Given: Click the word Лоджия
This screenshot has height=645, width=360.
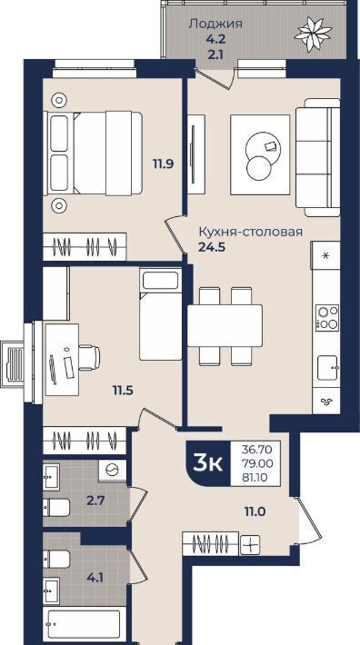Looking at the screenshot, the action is click(215, 24).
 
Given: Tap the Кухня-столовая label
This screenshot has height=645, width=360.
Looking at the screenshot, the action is click(251, 232).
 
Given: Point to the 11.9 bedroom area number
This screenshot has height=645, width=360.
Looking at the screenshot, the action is click(164, 164).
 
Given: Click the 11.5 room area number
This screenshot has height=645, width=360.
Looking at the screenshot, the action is click(123, 389).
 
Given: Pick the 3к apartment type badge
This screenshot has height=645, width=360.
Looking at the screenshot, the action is click(208, 463).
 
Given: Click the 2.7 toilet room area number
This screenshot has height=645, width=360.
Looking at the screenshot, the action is click(95, 501).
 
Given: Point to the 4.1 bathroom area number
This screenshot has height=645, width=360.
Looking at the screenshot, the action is click(95, 578).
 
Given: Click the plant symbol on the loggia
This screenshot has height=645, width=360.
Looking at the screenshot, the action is click(313, 34).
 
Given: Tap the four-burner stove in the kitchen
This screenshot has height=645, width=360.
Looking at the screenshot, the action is click(327, 318).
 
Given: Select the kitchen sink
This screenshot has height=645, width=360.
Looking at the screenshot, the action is click(328, 368).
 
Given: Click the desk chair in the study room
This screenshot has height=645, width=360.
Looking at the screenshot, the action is click(89, 357).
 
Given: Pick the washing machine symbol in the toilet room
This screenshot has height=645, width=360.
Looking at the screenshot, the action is click(112, 471).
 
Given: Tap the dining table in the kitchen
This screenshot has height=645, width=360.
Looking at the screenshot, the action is click(225, 325).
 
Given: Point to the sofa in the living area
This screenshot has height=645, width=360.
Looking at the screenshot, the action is click(317, 157).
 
